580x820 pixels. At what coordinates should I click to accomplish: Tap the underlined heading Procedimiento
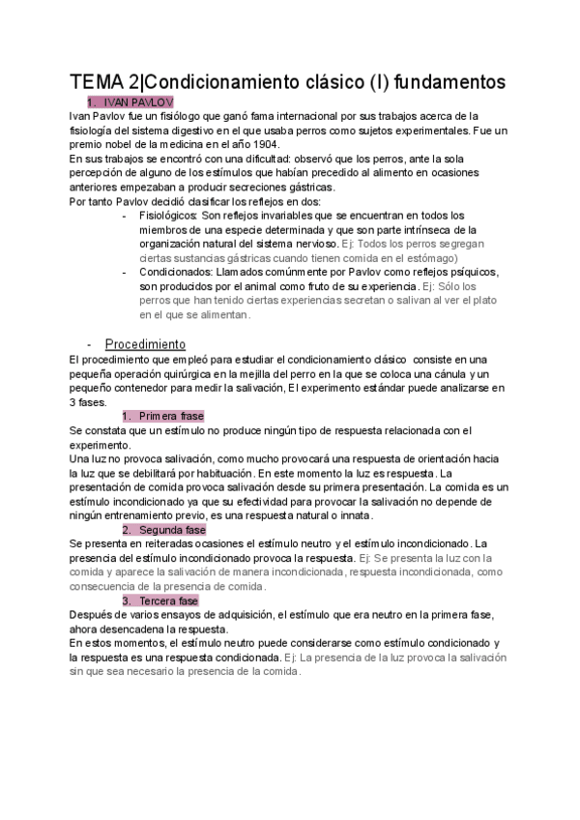tap(145, 343)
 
